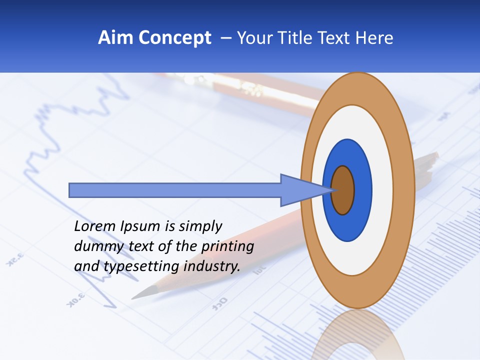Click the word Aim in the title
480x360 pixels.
point(115,38)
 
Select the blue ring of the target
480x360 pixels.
point(362,190)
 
